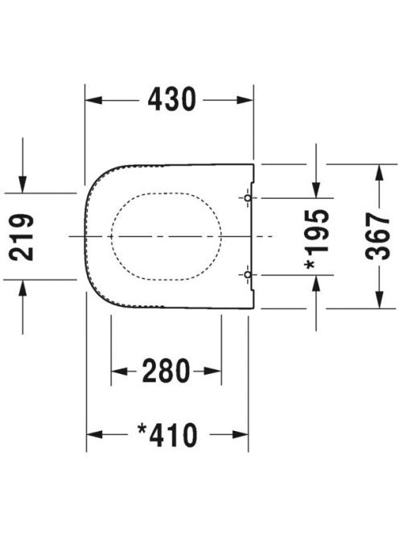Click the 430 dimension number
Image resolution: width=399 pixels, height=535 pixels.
tap(171, 99)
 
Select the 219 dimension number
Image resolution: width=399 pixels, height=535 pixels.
tap(22, 238)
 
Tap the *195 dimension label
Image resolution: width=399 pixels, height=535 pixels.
tap(317, 238)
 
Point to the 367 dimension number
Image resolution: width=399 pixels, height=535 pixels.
tap(377, 236)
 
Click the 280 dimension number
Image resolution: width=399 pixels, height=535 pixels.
tap(166, 371)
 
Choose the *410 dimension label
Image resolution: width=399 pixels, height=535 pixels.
tap(167, 435)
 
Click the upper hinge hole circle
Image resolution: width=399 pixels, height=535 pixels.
tap(248, 198)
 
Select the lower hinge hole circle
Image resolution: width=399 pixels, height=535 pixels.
tap(248, 275)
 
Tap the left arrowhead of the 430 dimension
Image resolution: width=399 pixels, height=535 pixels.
tap(93, 100)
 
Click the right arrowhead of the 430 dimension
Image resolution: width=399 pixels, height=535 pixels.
tap(245, 100)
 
